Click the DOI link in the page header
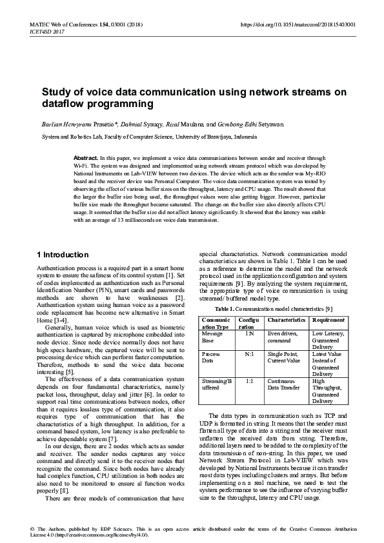298,24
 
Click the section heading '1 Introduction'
63,255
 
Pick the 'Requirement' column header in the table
328,301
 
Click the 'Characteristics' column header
286,301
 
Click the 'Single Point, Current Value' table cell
285,357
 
